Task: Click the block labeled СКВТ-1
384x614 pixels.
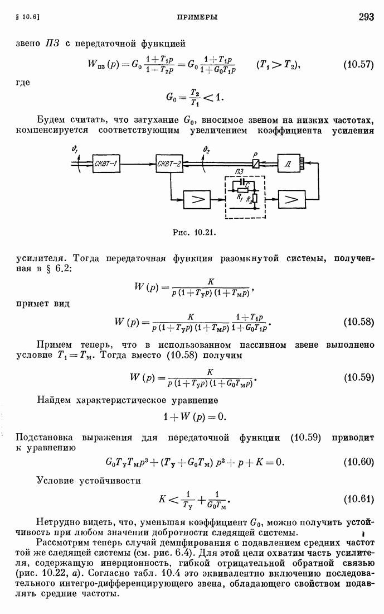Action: [x=106, y=164]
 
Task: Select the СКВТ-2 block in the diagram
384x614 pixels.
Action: [x=169, y=164]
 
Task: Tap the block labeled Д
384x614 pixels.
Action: [x=288, y=164]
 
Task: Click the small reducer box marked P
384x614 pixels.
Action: [x=255, y=164]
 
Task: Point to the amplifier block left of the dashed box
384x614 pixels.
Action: [x=197, y=200]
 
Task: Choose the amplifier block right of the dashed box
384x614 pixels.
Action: [x=291, y=200]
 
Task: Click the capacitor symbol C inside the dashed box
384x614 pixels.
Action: [x=243, y=183]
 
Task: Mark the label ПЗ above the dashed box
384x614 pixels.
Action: [x=240, y=172]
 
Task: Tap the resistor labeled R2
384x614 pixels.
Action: [x=255, y=199]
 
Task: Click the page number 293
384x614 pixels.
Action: [x=366, y=16]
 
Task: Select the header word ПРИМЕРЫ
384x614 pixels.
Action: [x=197, y=17]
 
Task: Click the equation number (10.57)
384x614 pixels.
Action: [x=358, y=65]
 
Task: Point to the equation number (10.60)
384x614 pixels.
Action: [x=358, y=462]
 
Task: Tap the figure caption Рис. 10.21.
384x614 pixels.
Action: [x=195, y=233]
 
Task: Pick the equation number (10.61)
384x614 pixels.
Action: [x=358, y=499]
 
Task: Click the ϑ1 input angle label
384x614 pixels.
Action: [x=75, y=148]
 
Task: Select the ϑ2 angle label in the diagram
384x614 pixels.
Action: [x=207, y=149]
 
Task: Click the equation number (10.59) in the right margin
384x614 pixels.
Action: [x=358, y=377]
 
